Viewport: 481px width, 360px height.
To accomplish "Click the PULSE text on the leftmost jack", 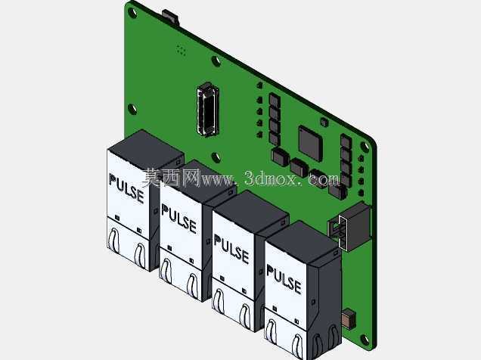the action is [126, 188].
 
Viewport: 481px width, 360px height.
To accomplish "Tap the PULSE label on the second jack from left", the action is [179, 219].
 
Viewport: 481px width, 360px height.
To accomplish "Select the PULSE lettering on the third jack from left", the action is [231, 249].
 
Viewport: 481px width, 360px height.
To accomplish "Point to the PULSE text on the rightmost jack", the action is [284, 279].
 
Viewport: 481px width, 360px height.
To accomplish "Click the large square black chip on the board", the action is [310, 144].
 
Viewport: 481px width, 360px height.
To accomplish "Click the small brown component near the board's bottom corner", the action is [349, 319].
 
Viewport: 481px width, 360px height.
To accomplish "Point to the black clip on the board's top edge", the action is [171, 17].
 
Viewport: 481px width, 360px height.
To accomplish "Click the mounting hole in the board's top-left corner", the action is [133, 13].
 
